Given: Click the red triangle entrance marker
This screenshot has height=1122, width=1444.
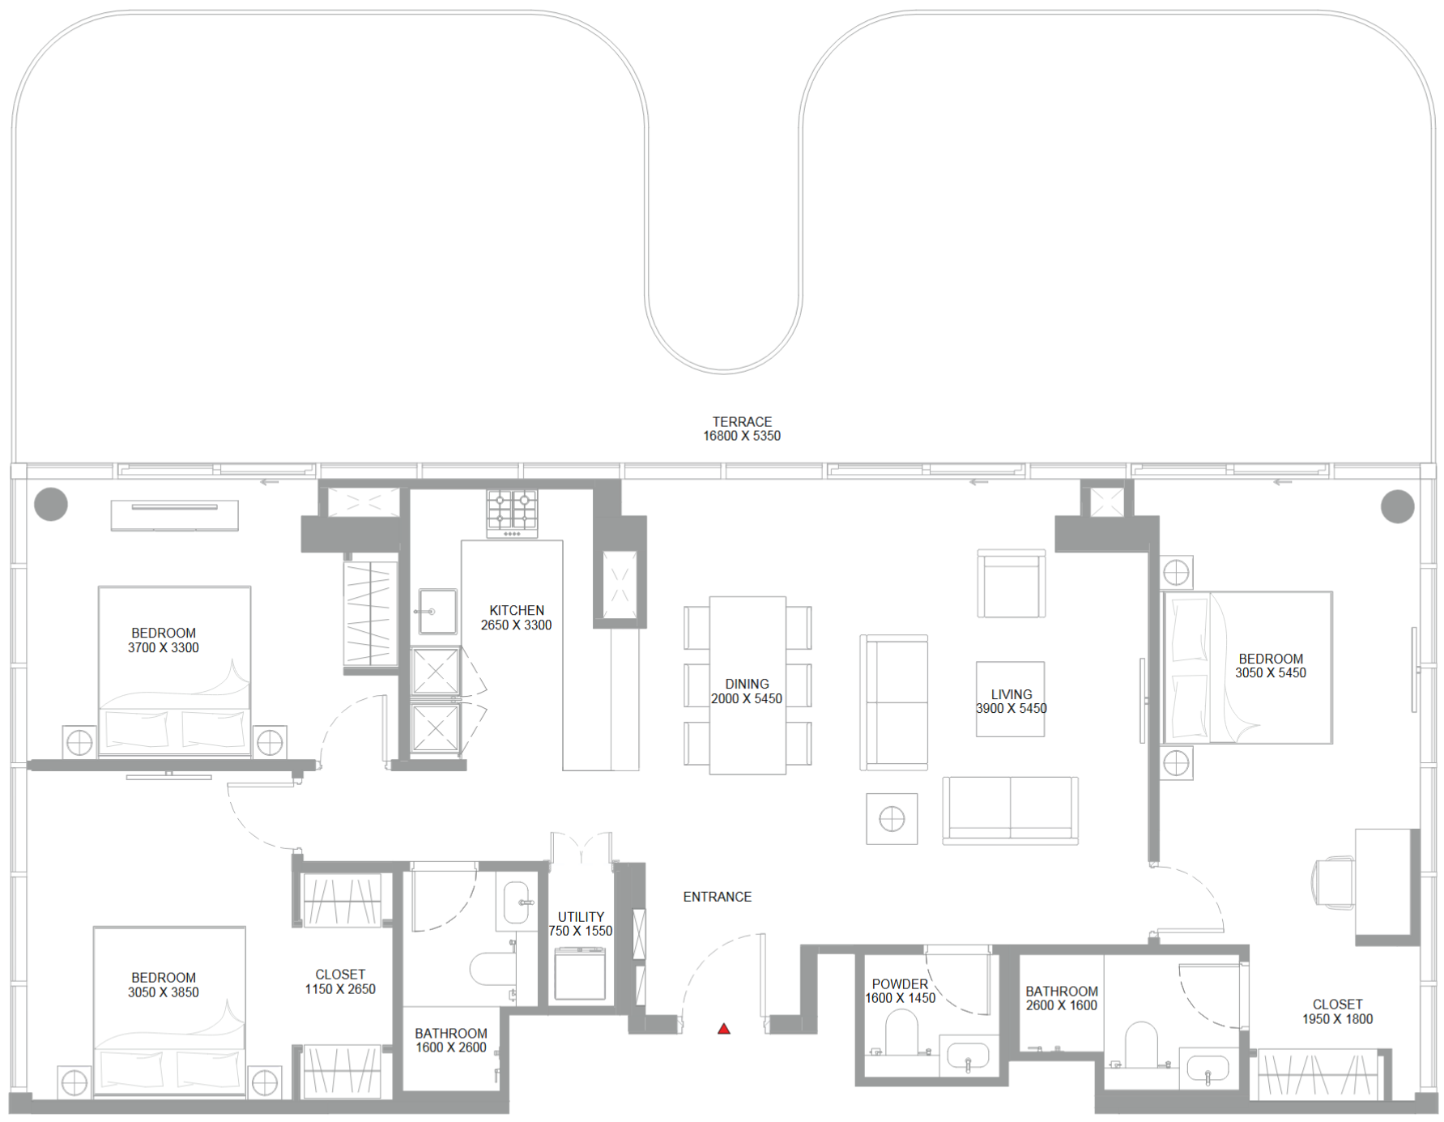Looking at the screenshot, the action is click(x=724, y=1029).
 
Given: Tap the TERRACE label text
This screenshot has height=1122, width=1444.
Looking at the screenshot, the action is click(x=742, y=422).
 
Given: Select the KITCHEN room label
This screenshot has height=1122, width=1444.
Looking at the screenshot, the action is click(x=517, y=611).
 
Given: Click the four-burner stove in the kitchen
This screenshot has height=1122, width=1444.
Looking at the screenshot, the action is click(x=512, y=514).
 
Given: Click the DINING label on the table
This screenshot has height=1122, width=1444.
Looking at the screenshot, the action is click(x=747, y=685).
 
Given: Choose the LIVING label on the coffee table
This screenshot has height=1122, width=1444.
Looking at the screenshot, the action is click(x=1012, y=695).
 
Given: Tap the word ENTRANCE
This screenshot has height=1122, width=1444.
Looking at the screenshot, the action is click(x=718, y=897).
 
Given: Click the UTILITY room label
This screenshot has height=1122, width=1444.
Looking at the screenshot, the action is click(x=581, y=917).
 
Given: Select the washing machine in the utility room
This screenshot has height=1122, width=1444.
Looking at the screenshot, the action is click(x=580, y=974).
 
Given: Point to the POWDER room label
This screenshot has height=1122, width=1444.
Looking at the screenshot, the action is click(x=900, y=984).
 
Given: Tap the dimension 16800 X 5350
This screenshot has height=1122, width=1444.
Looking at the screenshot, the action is click(x=742, y=436).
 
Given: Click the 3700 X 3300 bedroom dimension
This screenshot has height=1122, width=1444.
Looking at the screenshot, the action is click(x=164, y=648).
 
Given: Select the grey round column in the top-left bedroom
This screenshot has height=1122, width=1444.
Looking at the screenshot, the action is click(x=51, y=505).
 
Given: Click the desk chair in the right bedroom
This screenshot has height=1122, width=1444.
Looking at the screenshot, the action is click(x=1332, y=883).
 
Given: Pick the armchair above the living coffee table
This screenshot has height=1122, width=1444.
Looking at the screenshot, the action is click(x=1012, y=584).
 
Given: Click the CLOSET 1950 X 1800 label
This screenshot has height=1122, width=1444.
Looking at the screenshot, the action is click(x=1337, y=1012).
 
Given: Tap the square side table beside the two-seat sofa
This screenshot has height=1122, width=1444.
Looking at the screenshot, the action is click(x=892, y=819).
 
